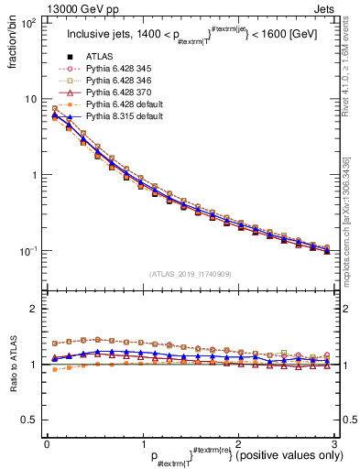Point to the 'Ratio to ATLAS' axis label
tap(13, 365)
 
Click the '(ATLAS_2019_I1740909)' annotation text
tap(191, 273)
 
